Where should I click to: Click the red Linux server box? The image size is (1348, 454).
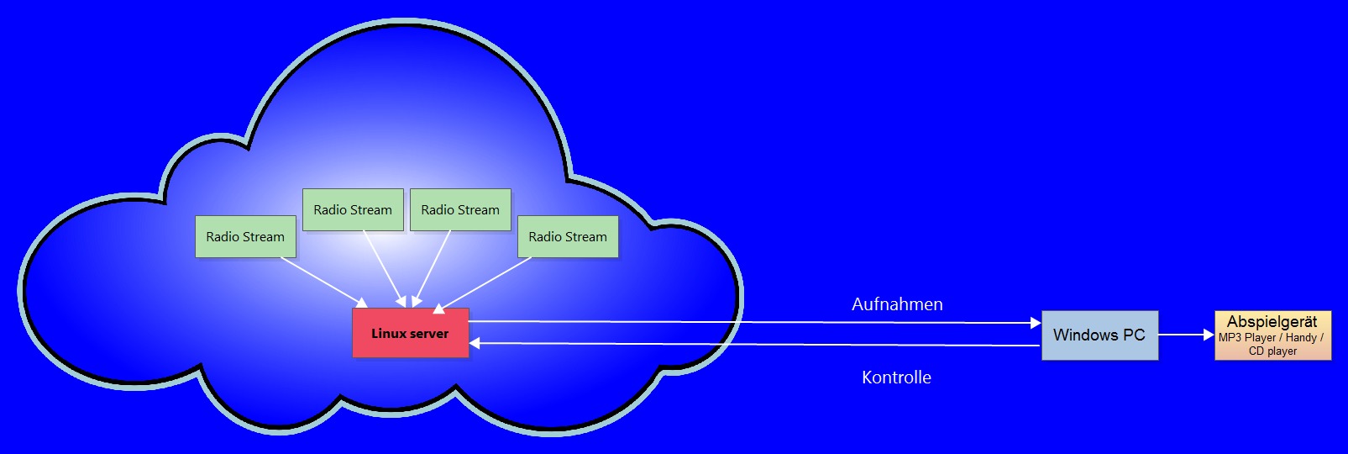tap(410, 333)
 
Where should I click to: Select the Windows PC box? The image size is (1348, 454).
tap(1099, 335)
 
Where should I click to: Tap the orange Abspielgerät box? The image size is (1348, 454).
tap(1272, 335)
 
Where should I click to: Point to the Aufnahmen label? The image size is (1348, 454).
tap(897, 304)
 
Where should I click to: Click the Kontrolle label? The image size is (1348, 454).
tap(896, 377)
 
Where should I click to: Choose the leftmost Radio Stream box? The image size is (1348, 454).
tap(245, 236)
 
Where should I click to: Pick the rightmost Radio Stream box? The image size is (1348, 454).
tap(568, 236)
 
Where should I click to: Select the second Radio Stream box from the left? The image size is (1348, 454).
tap(353, 209)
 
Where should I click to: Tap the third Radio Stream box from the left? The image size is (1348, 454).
tap(460, 209)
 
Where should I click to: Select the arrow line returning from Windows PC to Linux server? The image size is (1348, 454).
tap(756, 345)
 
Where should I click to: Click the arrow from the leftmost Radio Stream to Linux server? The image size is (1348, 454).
tap(323, 282)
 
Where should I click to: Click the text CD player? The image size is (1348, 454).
tap(1272, 351)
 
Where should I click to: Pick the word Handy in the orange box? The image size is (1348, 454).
tap(1301, 338)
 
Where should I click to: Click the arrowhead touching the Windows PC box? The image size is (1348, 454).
tap(1036, 323)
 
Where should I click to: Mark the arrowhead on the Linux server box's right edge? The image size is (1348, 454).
tap(475, 343)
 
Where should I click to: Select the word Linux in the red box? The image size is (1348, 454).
tap(389, 334)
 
